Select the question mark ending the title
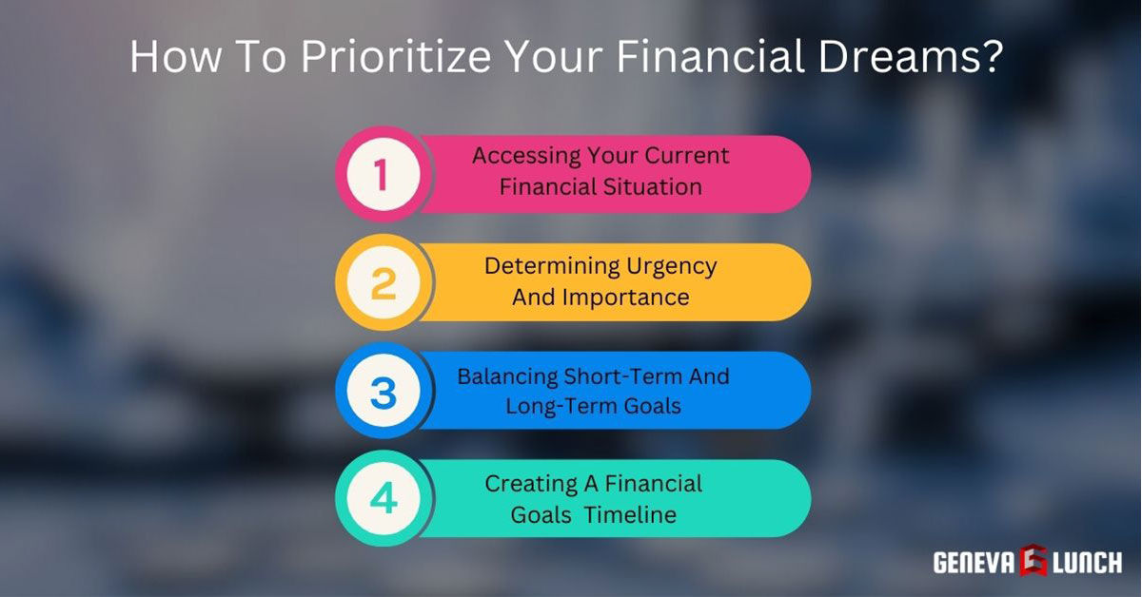coord(991,57)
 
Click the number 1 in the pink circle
coord(382,175)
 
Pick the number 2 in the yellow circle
coord(383,283)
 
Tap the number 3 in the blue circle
coord(383,392)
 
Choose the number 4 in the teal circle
coord(383,500)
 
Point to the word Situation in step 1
coord(653,187)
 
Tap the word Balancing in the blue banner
coord(506,376)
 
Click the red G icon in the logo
coord(1034,561)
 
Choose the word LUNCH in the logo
coord(1087,562)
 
